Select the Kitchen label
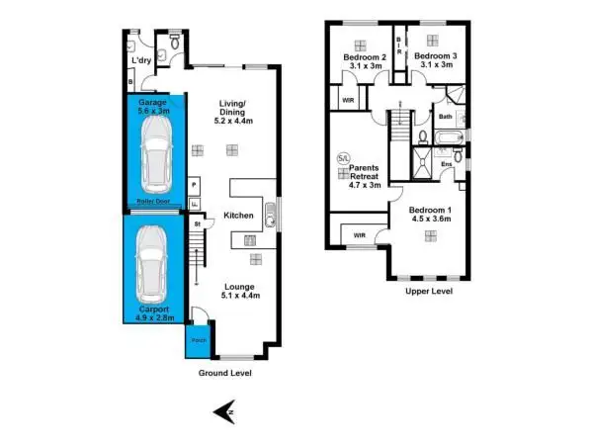coord(239,215)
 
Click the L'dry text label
coord(140,61)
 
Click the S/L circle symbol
coord(343,157)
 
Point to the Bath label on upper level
coord(446,117)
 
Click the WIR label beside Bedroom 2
coord(348,100)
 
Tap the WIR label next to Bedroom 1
coord(360,235)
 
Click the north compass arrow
coord(225,412)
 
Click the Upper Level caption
coord(429,292)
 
